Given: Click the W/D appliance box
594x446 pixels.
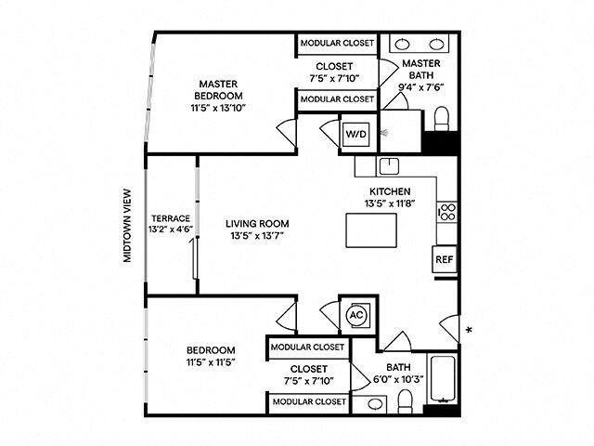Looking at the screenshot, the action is (356, 134).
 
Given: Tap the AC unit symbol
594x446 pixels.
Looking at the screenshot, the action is (356, 315).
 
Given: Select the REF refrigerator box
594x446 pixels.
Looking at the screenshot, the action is (445, 259).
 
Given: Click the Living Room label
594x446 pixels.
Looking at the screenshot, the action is (257, 224).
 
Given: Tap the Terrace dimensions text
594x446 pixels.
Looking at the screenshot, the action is (171, 229).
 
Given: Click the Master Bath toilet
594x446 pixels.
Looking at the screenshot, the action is (442, 119).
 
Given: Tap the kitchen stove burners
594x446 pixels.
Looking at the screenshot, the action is (446, 212).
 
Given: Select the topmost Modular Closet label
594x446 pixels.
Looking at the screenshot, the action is (337, 44).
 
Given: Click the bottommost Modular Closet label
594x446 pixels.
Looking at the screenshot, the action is (308, 402).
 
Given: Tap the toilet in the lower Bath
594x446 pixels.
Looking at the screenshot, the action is (405, 400).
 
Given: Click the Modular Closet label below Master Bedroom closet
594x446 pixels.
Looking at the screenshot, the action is (337, 98).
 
